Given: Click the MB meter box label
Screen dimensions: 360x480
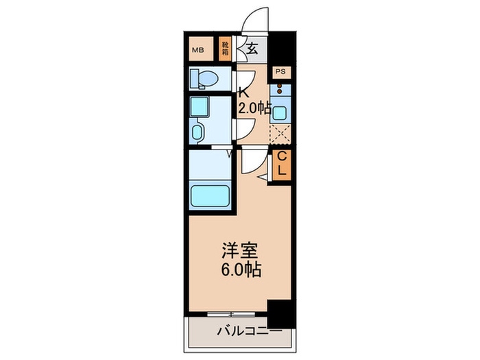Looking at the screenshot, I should [198, 49].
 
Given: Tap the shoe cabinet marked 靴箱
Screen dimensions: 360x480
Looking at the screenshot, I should [225, 49].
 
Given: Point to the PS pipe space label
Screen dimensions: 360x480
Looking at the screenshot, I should [280, 71].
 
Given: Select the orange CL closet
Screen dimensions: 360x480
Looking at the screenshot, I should [281, 164].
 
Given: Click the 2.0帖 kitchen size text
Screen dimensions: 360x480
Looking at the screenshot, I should [254, 108].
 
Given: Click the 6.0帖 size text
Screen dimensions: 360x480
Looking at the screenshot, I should [237, 269].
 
